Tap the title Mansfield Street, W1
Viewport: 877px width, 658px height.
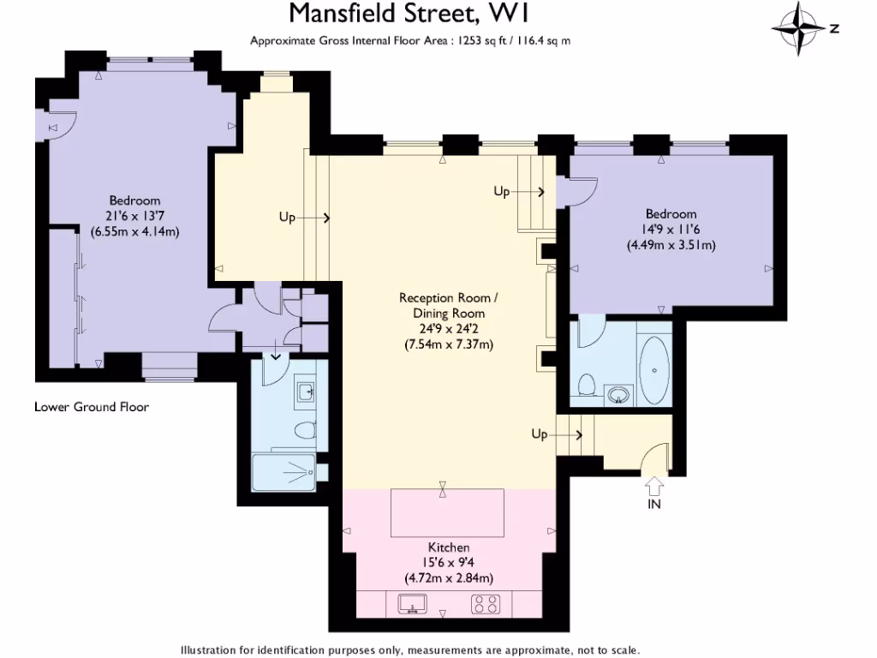pyautogui.click(x=415, y=15)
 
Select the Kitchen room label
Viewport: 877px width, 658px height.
pyautogui.click(x=449, y=547)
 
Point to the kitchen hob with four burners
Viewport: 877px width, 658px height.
pyautogui.click(x=486, y=605)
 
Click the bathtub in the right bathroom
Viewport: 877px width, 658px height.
pyautogui.click(x=653, y=370)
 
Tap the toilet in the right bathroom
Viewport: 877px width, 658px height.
pyautogui.click(x=588, y=386)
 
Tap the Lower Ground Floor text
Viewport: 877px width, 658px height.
pyautogui.click(x=92, y=407)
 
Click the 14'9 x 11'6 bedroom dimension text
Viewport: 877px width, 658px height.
pyautogui.click(x=671, y=230)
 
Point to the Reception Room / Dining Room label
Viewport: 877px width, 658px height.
pyautogui.click(x=447, y=306)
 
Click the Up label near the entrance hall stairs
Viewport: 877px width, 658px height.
pyautogui.click(x=539, y=435)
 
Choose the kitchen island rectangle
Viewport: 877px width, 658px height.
pyautogui.click(x=448, y=512)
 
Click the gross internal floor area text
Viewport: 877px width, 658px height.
pyautogui.click(x=410, y=40)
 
